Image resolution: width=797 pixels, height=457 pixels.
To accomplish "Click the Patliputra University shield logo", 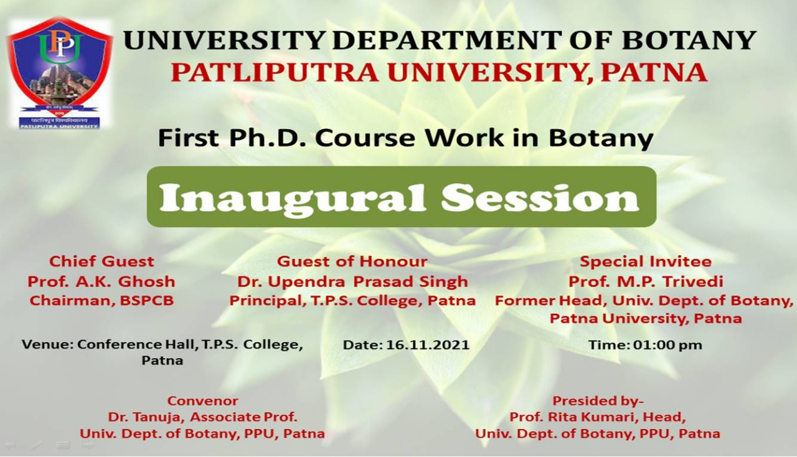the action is click(x=60, y=73).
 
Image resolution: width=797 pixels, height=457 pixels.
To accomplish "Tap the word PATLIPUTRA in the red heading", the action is click(x=275, y=73).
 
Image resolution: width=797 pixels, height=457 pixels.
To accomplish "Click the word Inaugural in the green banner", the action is click(x=292, y=198).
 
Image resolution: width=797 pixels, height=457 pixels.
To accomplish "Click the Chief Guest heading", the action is click(x=101, y=261).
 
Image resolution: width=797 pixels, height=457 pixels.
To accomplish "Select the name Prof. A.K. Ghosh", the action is click(x=101, y=282).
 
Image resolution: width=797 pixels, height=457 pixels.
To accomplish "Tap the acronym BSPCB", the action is click(x=146, y=301).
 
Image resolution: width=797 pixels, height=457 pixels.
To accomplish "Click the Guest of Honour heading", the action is click(x=352, y=261).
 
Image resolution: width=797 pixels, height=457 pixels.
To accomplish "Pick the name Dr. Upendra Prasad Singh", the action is click(x=352, y=282).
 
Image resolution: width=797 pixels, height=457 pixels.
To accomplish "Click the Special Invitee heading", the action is click(x=646, y=261).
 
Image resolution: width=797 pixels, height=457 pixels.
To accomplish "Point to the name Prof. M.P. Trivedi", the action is click(x=646, y=282).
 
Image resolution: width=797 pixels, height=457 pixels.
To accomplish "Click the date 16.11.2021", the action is click(x=428, y=345).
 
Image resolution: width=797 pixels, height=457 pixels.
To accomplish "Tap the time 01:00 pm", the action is click(x=663, y=345).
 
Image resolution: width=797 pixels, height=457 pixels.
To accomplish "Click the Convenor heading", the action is click(x=203, y=401).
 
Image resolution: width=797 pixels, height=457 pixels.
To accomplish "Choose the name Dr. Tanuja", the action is click(x=146, y=417).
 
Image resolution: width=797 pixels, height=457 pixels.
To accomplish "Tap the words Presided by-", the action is click(x=598, y=401).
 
